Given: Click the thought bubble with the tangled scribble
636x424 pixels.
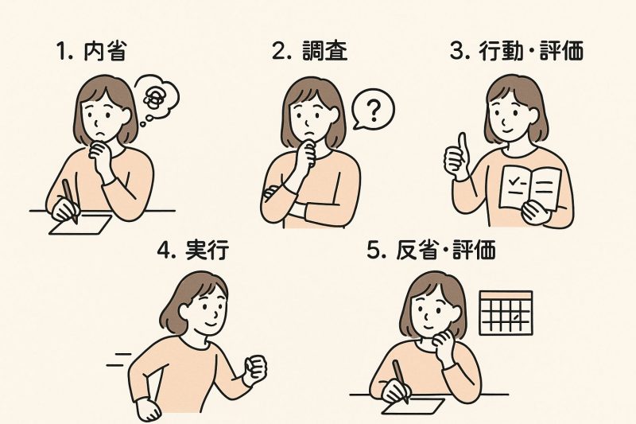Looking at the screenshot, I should (156, 96).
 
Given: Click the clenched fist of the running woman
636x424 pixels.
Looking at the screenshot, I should (255, 368).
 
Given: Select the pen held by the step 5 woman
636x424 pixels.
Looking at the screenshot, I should (401, 379).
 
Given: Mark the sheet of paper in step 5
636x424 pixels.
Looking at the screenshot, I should (413, 403).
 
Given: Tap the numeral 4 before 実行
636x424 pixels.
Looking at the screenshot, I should (165, 251).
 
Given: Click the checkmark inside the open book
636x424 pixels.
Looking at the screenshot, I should (514, 181).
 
